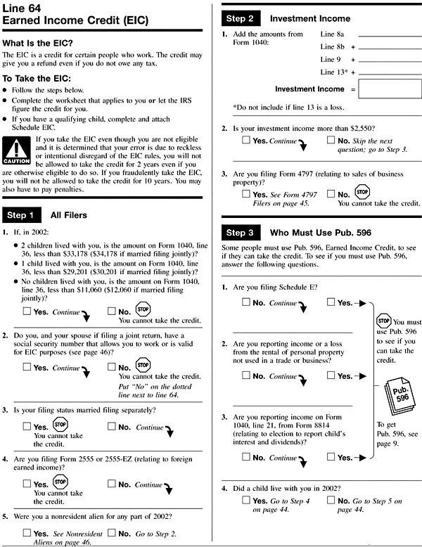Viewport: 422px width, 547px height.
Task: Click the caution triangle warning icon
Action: click(x=17, y=148)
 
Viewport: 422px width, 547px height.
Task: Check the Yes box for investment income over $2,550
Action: click(x=246, y=141)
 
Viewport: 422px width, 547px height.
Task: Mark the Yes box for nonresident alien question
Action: click(x=27, y=534)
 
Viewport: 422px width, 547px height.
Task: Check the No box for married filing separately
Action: click(x=113, y=427)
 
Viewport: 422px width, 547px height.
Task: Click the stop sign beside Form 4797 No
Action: click(x=363, y=191)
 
